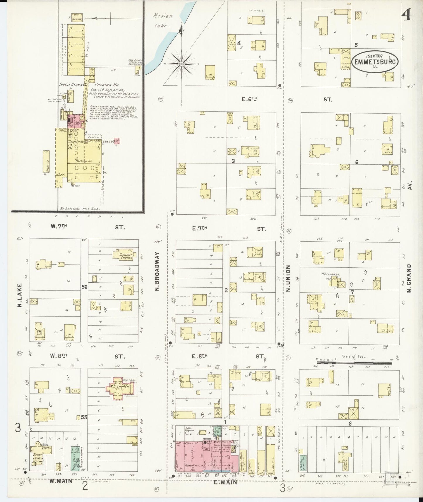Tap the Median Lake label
(x=162, y=21)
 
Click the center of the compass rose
(x=181, y=64)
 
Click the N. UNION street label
(x=288, y=278)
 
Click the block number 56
(x=84, y=287)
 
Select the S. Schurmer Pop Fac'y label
(x=332, y=277)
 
